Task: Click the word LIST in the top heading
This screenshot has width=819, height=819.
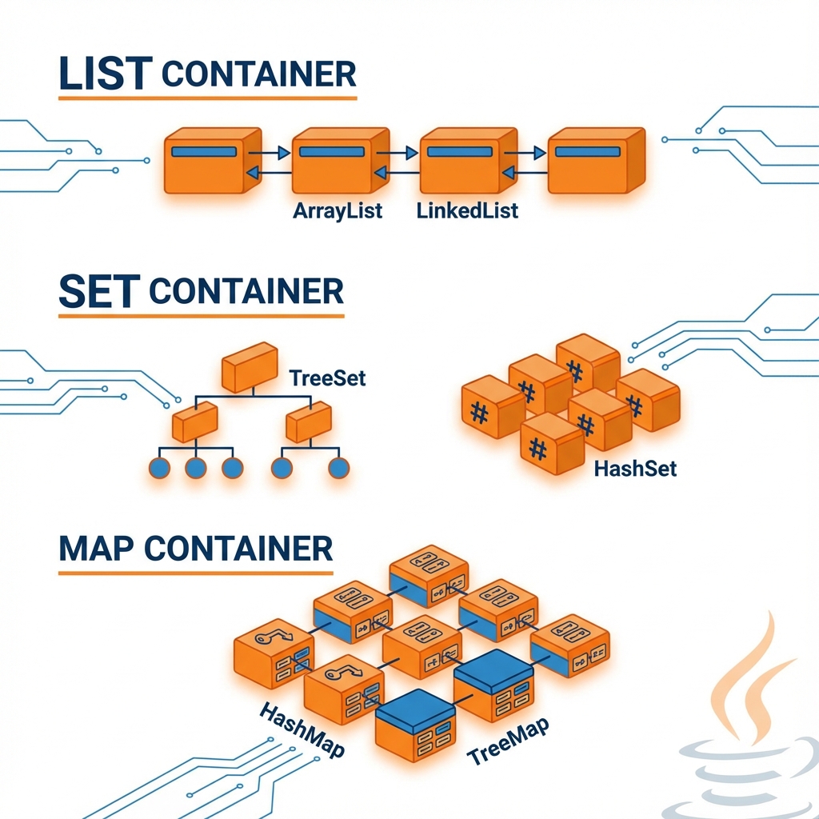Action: tap(105, 74)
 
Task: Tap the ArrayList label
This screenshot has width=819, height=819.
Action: tap(338, 211)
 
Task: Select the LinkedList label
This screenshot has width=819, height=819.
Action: tap(467, 211)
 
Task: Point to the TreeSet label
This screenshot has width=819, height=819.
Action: tap(328, 377)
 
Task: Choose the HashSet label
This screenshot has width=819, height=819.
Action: tap(636, 468)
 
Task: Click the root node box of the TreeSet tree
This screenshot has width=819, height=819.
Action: tap(249, 368)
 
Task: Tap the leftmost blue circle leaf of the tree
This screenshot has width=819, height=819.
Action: tap(160, 468)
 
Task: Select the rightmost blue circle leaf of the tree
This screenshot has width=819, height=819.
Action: tap(338, 468)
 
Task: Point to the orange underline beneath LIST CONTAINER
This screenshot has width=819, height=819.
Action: tap(208, 98)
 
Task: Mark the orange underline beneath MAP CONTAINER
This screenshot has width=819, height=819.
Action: tap(196, 573)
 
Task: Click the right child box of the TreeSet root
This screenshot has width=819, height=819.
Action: tap(309, 421)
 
